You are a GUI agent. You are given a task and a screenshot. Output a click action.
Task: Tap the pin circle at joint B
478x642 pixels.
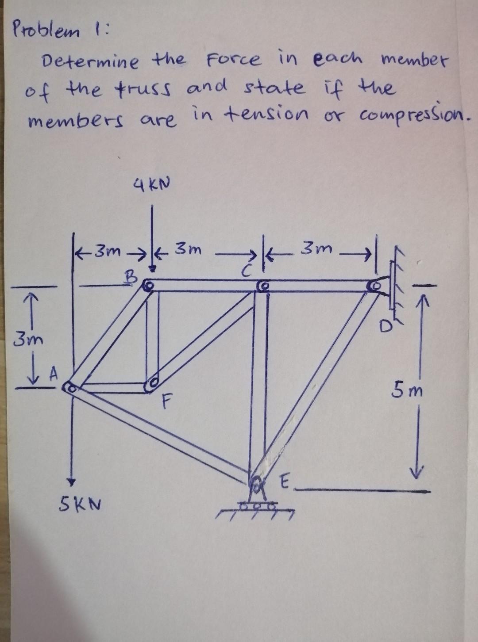point(149,287)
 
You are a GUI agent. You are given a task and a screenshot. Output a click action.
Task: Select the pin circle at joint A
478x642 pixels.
point(69,388)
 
